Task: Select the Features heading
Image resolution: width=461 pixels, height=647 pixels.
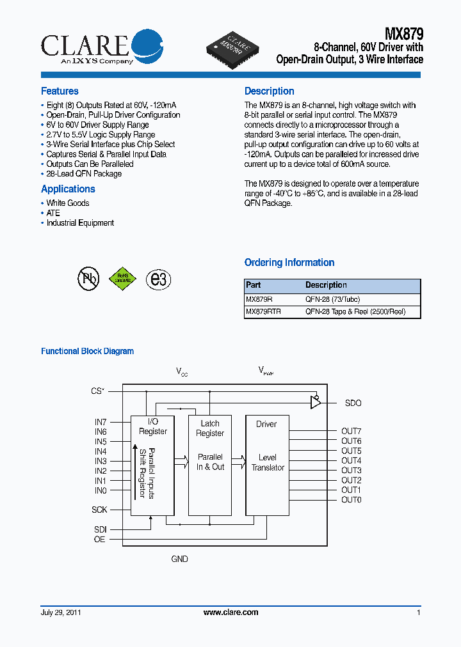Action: tap(60, 91)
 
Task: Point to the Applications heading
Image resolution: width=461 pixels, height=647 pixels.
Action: tap(68, 189)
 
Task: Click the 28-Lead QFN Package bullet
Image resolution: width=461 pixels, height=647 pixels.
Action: tap(83, 174)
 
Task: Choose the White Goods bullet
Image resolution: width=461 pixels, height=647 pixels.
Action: tap(67, 203)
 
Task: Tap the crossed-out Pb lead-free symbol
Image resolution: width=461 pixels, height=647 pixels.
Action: tap(88, 279)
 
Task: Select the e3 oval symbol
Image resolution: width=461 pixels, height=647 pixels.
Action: tap(158, 279)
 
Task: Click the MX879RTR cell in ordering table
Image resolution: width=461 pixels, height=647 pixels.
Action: tap(263, 312)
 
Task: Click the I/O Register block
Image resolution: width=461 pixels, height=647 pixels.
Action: tap(152, 465)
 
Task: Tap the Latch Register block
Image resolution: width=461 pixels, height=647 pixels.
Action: tap(210, 465)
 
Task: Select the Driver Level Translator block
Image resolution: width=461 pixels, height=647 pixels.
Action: tap(267, 465)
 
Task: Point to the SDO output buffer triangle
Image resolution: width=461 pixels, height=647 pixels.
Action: tap(315, 403)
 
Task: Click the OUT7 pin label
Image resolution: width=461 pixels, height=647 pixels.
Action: tap(351, 432)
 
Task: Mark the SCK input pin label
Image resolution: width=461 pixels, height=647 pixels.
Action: tap(99, 510)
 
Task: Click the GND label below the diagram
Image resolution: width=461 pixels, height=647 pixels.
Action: tap(179, 559)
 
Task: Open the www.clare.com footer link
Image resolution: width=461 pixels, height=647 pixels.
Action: tap(230, 612)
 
